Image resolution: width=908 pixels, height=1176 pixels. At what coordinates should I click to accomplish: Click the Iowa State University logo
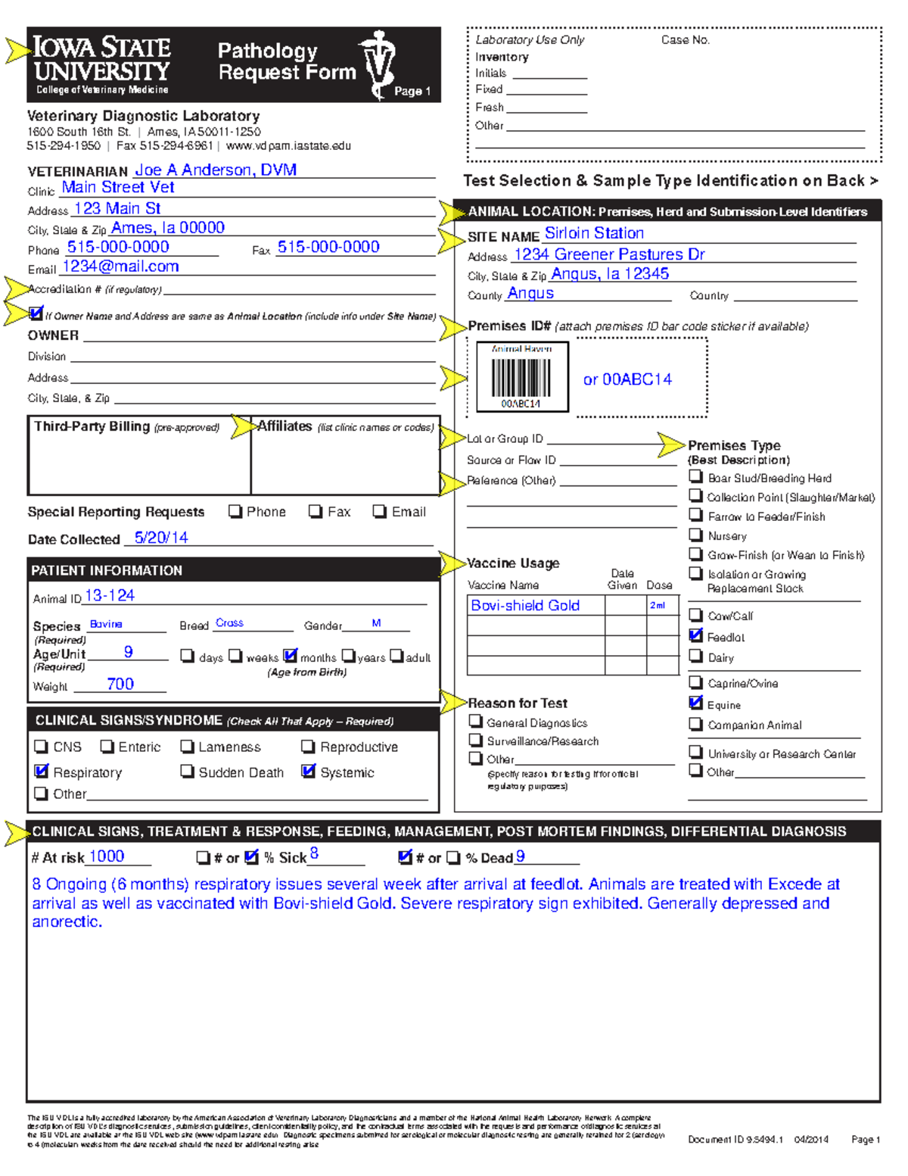[102, 64]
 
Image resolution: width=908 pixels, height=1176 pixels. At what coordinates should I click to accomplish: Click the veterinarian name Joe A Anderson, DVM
[215, 170]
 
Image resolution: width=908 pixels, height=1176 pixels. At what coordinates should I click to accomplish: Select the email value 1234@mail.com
[120, 267]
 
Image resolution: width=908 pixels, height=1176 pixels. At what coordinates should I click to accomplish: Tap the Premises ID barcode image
[521, 376]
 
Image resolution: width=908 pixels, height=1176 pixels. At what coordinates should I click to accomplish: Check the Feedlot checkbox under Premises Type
[696, 636]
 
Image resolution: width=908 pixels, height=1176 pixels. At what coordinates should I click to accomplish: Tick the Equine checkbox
[696, 703]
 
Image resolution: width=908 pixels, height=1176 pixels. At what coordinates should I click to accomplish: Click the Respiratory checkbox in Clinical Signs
[42, 772]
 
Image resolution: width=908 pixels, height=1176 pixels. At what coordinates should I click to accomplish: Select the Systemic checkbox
[308, 772]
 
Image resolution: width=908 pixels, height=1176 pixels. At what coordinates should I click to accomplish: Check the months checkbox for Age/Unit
[290, 656]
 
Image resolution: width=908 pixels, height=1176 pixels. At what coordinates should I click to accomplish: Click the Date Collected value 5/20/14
[161, 538]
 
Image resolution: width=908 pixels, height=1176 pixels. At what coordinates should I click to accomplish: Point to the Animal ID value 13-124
[110, 596]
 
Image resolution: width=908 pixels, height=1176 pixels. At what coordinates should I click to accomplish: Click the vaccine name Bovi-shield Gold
[525, 606]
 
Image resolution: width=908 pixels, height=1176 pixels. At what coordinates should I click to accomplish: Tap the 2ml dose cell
[658, 606]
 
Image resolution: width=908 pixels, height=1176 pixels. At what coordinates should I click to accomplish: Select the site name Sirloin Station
[594, 233]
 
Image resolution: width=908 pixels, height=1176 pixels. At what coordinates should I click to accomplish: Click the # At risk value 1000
[107, 856]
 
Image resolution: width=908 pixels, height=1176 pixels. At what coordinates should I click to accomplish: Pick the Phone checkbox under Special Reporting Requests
[235, 512]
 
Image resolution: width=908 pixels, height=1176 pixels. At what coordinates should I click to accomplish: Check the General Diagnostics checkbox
[476, 722]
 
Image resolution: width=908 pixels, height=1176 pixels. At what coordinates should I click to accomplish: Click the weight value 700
[120, 684]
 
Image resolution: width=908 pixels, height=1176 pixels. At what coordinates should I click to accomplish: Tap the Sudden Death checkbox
[187, 772]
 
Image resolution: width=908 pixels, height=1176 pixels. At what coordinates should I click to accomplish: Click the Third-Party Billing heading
[92, 427]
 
